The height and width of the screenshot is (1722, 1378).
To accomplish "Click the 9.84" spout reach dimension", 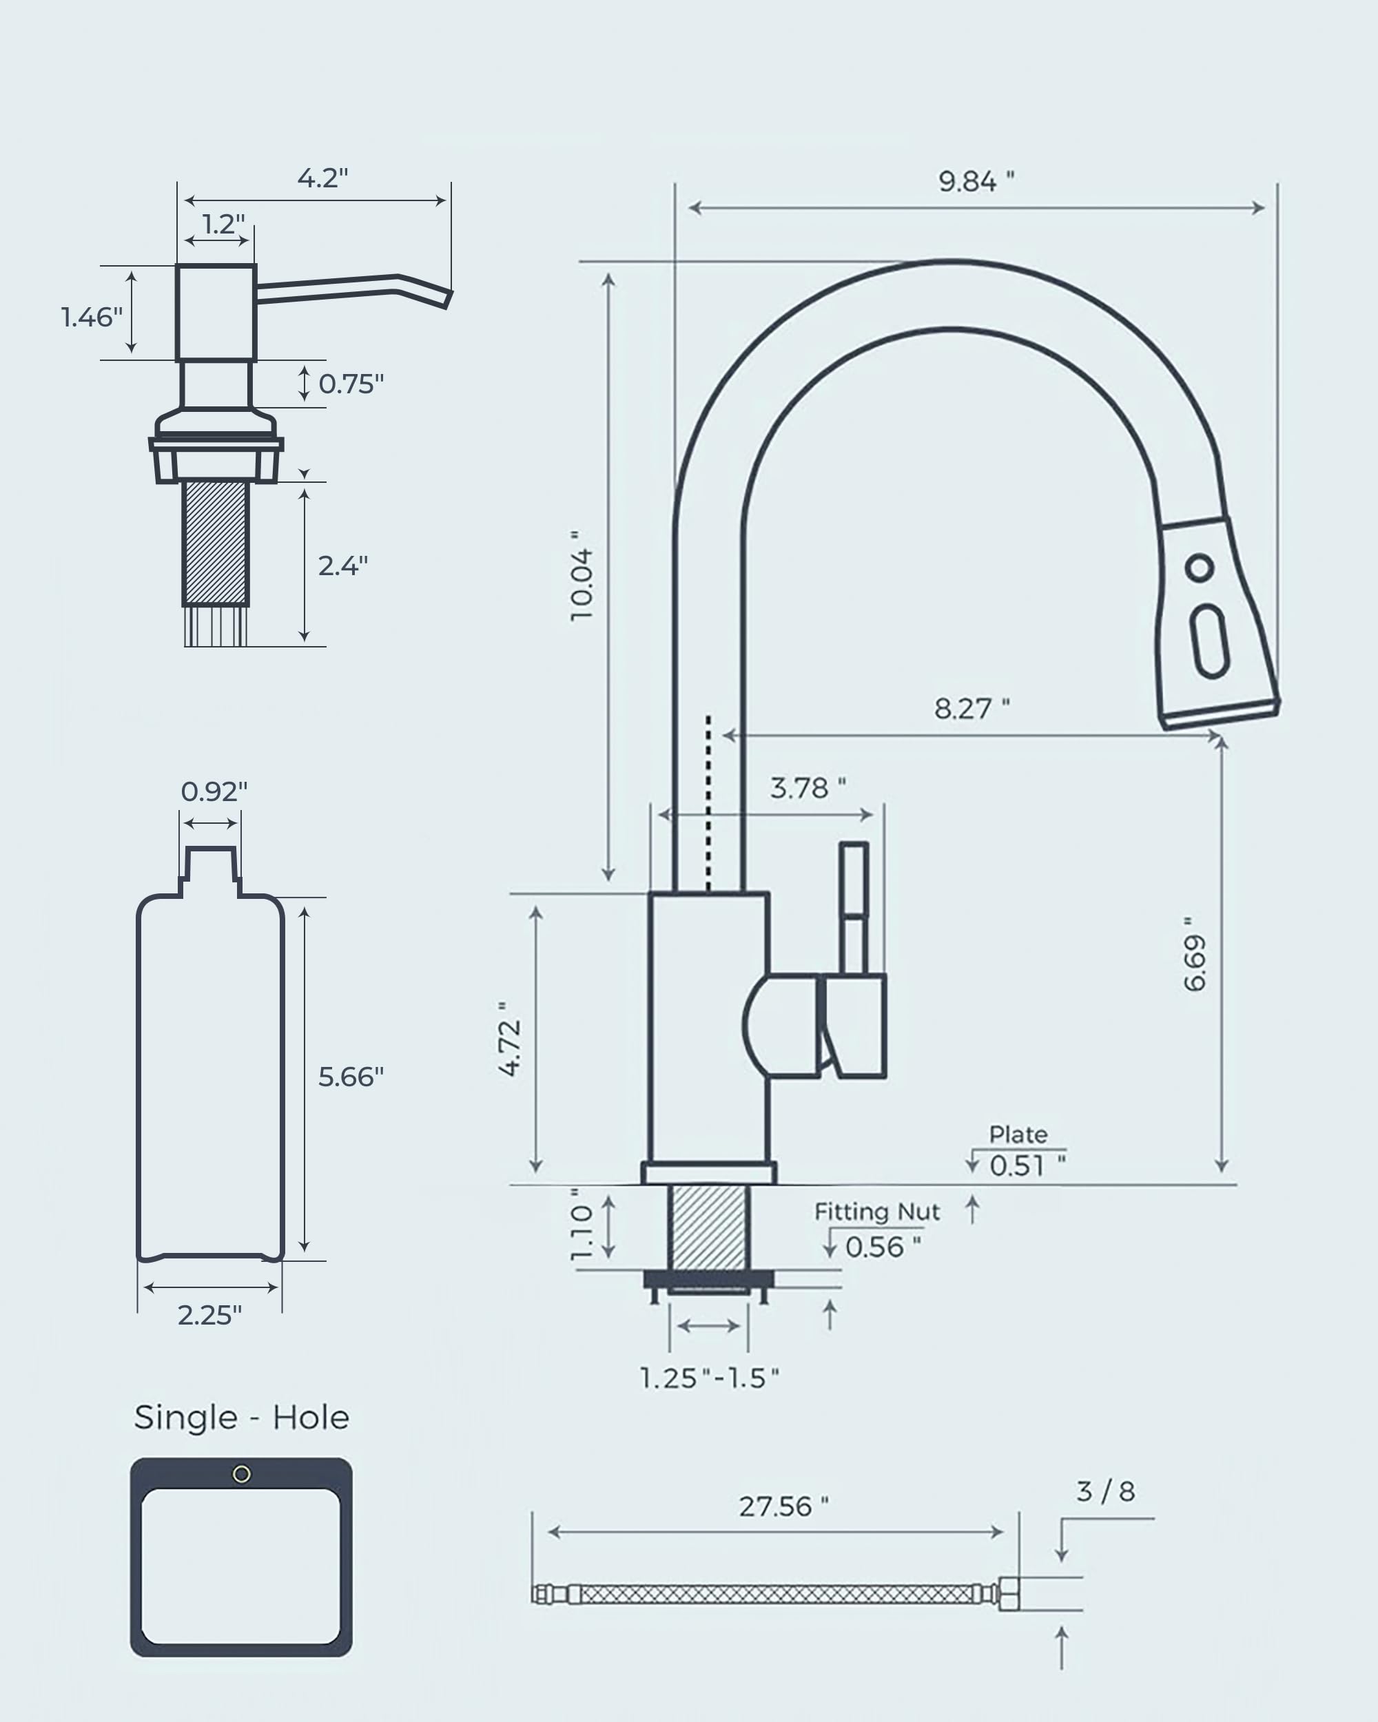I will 976,182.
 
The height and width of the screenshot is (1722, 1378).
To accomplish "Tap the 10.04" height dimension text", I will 582,575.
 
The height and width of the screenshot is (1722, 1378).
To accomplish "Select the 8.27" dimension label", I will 971,709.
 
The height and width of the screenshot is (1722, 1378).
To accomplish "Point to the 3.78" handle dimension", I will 807,788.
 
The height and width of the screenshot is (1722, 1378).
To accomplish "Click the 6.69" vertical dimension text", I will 1194,955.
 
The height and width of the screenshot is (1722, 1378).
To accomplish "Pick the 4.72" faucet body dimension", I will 510,1038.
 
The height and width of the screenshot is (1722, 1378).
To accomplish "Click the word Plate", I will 1018,1134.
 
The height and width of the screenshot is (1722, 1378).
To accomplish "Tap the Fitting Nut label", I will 876,1212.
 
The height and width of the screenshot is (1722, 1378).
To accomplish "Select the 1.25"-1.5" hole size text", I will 708,1378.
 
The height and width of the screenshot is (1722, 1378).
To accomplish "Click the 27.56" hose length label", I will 783,1506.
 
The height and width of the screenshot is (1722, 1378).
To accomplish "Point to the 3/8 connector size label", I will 1106,1491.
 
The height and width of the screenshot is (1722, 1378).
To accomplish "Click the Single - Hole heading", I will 241,1418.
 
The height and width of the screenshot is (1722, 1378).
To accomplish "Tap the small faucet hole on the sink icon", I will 241,1475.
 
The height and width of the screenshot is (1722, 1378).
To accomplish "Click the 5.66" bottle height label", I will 351,1077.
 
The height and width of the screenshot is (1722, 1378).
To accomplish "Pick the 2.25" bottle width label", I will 209,1315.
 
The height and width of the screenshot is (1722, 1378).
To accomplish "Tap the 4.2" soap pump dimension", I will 322,178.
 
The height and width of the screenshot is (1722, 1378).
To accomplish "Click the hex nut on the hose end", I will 1009,1594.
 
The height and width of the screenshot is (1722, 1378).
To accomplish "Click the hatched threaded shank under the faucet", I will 708,1227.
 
